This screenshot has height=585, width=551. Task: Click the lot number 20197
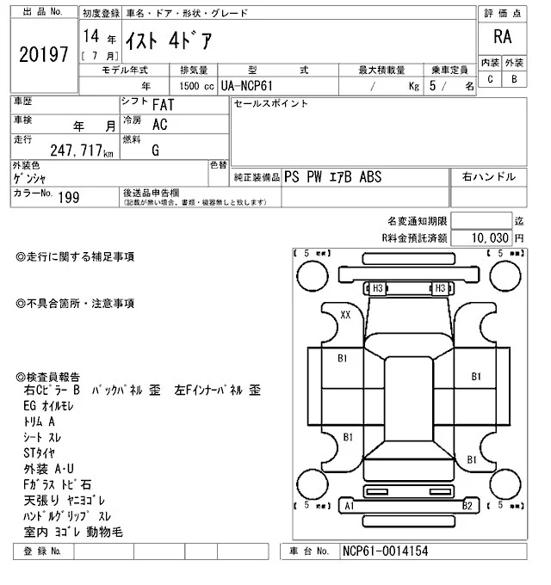(43, 54)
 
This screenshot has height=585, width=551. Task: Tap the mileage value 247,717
(76, 152)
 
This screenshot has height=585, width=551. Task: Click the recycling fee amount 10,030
(491, 237)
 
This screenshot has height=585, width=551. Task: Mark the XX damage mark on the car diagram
(345, 315)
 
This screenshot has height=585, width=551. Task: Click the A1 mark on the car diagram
(350, 507)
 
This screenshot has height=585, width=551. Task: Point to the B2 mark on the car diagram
(467, 507)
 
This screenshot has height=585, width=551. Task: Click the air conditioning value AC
(159, 125)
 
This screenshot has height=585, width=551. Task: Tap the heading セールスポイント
(270, 104)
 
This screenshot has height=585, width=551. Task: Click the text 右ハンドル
(488, 177)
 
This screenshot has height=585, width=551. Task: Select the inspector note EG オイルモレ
(53, 406)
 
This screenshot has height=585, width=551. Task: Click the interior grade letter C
(490, 79)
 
